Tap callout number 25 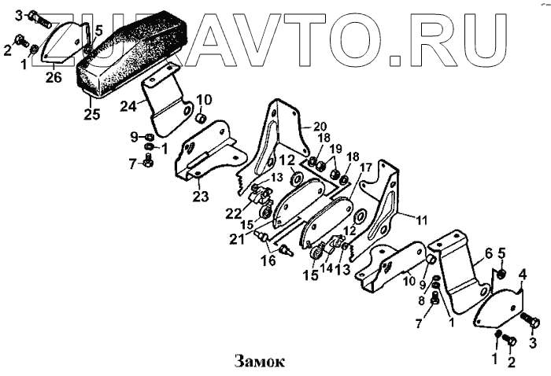click(92, 114)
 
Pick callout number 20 click(319, 126)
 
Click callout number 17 click(366, 168)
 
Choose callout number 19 click(335, 149)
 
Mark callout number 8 click(423, 300)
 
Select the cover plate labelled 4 click(499, 308)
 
